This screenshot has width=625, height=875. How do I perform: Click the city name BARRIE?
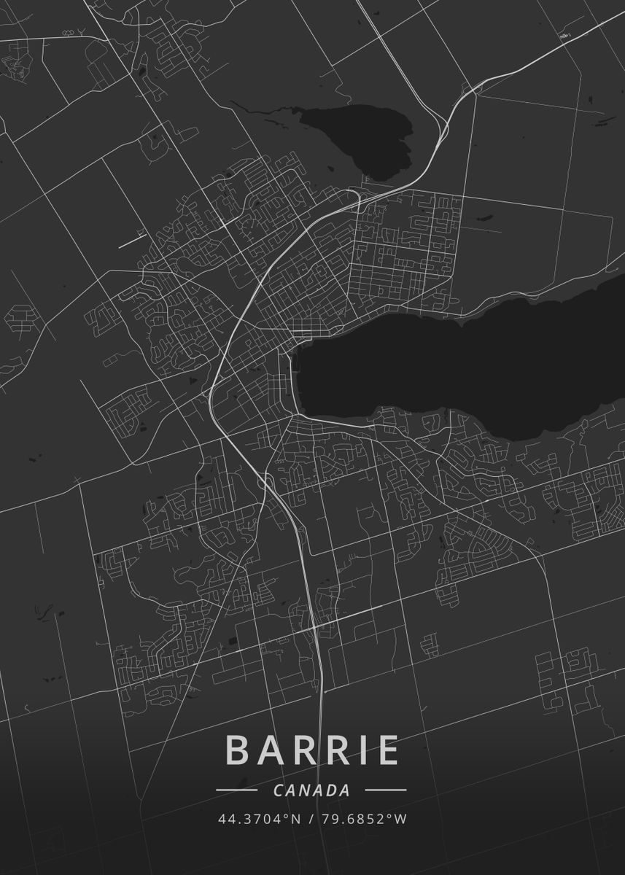(312, 750)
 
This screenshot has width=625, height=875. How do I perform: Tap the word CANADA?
(311, 790)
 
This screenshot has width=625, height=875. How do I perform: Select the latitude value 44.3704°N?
(259, 819)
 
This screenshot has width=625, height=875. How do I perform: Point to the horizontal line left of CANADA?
(236, 790)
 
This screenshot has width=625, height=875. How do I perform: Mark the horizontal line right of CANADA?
(386, 790)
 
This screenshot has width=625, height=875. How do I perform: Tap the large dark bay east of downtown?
(452, 365)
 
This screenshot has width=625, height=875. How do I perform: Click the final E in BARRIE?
(387, 750)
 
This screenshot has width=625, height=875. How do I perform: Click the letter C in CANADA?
(278, 790)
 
